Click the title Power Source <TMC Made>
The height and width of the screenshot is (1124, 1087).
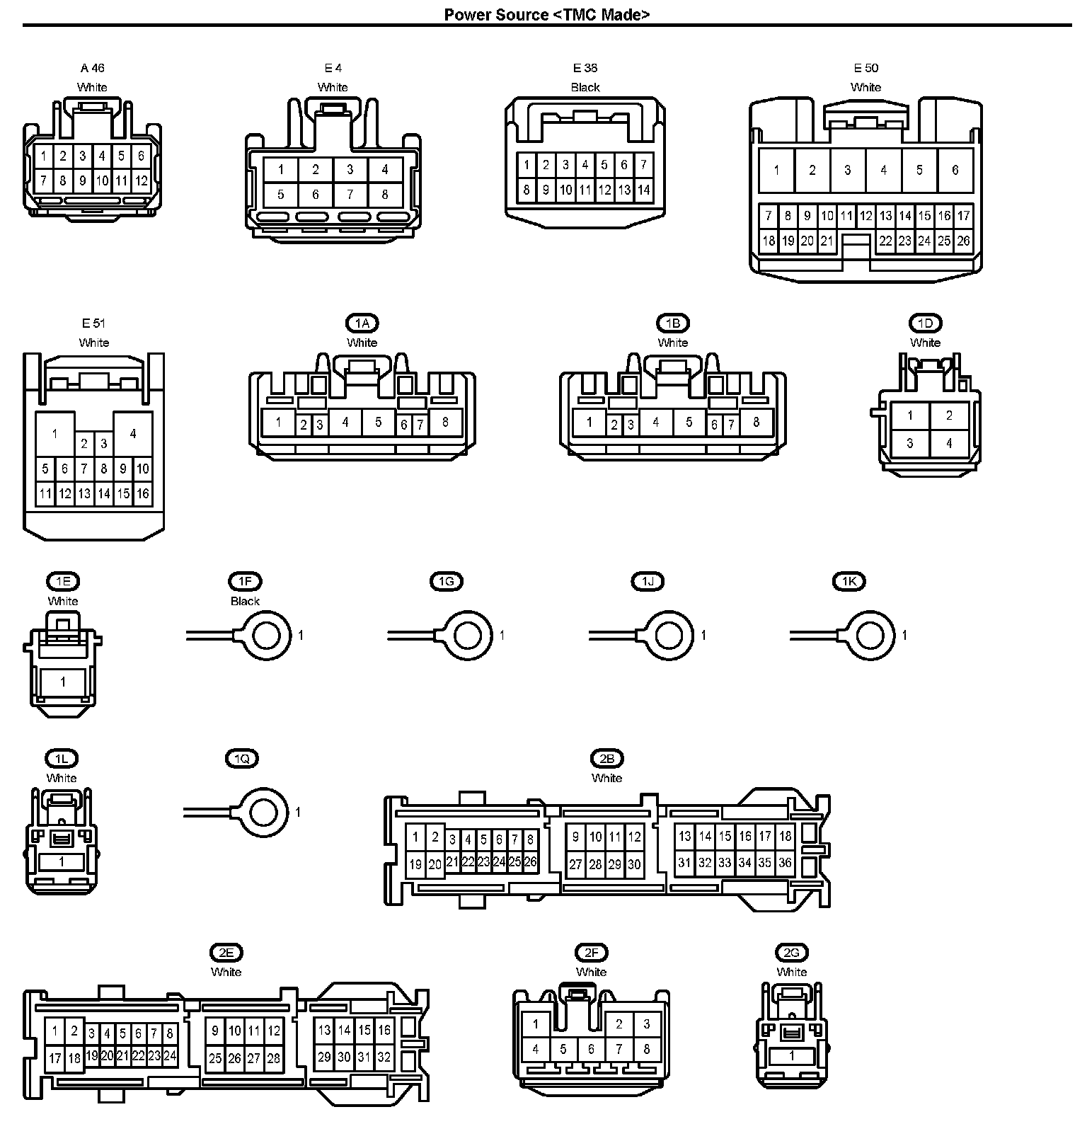546,14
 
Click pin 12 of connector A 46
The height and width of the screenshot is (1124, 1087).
142,180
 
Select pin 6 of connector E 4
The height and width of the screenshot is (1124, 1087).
316,194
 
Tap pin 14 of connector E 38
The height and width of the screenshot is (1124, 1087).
643,190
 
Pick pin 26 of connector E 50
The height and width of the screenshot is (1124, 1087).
963,241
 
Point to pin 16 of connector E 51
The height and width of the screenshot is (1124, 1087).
143,493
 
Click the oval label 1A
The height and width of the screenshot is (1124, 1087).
362,323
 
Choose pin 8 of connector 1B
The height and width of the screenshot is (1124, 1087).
756,422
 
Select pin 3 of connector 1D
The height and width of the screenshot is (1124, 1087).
910,444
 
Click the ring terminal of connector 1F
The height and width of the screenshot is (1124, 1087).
266,636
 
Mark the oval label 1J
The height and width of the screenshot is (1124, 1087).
648,582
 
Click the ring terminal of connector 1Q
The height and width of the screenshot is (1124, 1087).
263,812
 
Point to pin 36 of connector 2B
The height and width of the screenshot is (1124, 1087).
784,863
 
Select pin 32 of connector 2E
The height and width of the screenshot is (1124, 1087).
384,1057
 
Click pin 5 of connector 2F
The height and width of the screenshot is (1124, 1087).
563,1049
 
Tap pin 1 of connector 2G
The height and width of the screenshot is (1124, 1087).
792,1055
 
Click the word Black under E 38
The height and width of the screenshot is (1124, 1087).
585,88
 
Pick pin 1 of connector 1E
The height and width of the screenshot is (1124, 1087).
63,682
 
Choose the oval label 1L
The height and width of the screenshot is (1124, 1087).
62,759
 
